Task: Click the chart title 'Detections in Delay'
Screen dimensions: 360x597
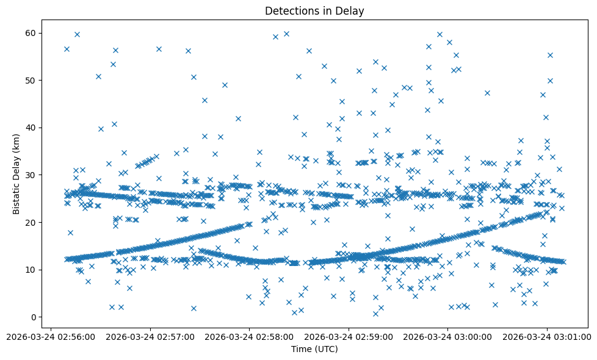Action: (314, 11)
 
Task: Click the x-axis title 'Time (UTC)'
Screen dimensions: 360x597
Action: (314, 349)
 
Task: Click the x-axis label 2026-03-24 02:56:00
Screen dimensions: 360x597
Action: (51, 336)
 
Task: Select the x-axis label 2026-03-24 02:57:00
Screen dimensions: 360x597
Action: (150, 336)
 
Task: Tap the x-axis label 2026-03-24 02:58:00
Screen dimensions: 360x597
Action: (250, 336)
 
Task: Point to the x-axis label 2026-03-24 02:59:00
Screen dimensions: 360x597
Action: (349, 336)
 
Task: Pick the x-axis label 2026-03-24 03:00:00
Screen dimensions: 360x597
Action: (448, 336)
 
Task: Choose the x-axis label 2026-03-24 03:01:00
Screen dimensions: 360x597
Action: (548, 336)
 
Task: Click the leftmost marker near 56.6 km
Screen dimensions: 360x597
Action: (67, 49)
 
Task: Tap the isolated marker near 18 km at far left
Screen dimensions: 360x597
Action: (70, 232)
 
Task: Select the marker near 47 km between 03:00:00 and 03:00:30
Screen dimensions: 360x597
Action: (487, 93)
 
